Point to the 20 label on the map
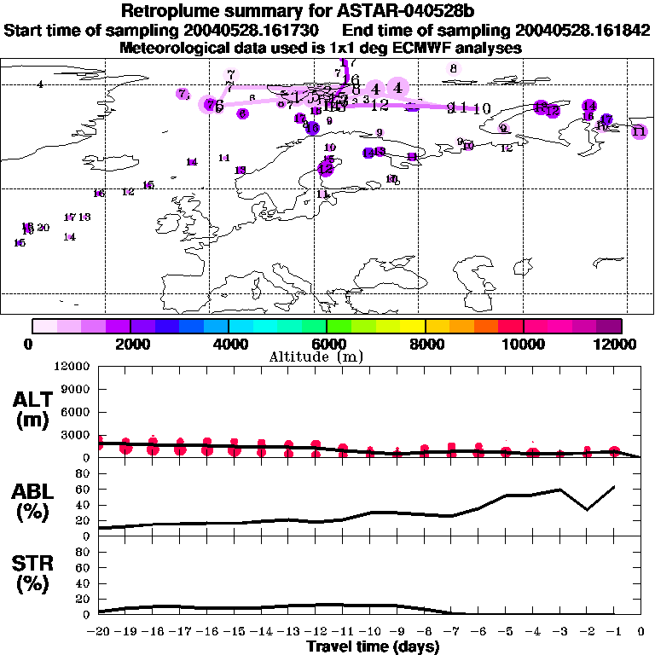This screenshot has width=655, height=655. pos(43,228)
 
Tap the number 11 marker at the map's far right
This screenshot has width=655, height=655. pos(639,131)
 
